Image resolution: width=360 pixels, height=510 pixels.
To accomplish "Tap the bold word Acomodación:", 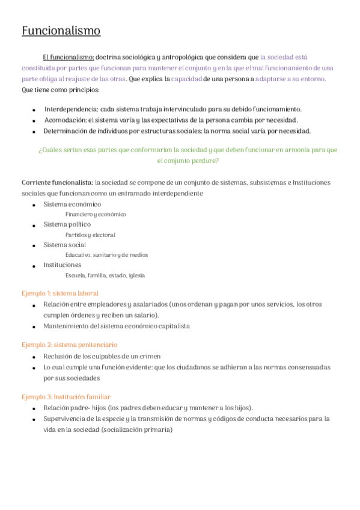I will pos(66,120).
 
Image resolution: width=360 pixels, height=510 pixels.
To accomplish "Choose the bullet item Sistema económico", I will pos(72,204).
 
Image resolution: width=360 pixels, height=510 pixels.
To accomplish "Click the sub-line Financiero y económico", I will pos(96,214).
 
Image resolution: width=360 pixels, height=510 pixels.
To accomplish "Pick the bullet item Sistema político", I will pos(67,225).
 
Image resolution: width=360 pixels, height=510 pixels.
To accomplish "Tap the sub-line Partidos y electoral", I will pos(90,235).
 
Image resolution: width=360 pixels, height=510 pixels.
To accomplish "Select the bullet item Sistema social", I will pos(64,245).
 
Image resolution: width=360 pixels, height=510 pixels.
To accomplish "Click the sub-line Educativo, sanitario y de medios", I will pos(106,255).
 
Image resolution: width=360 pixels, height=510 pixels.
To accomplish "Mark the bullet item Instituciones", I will pos(62,265).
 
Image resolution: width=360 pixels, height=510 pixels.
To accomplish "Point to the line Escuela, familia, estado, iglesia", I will pos(105,275).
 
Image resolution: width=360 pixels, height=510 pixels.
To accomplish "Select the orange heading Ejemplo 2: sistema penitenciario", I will pos(70,345).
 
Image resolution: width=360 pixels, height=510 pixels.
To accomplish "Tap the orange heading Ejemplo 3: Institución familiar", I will pos(66,397).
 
